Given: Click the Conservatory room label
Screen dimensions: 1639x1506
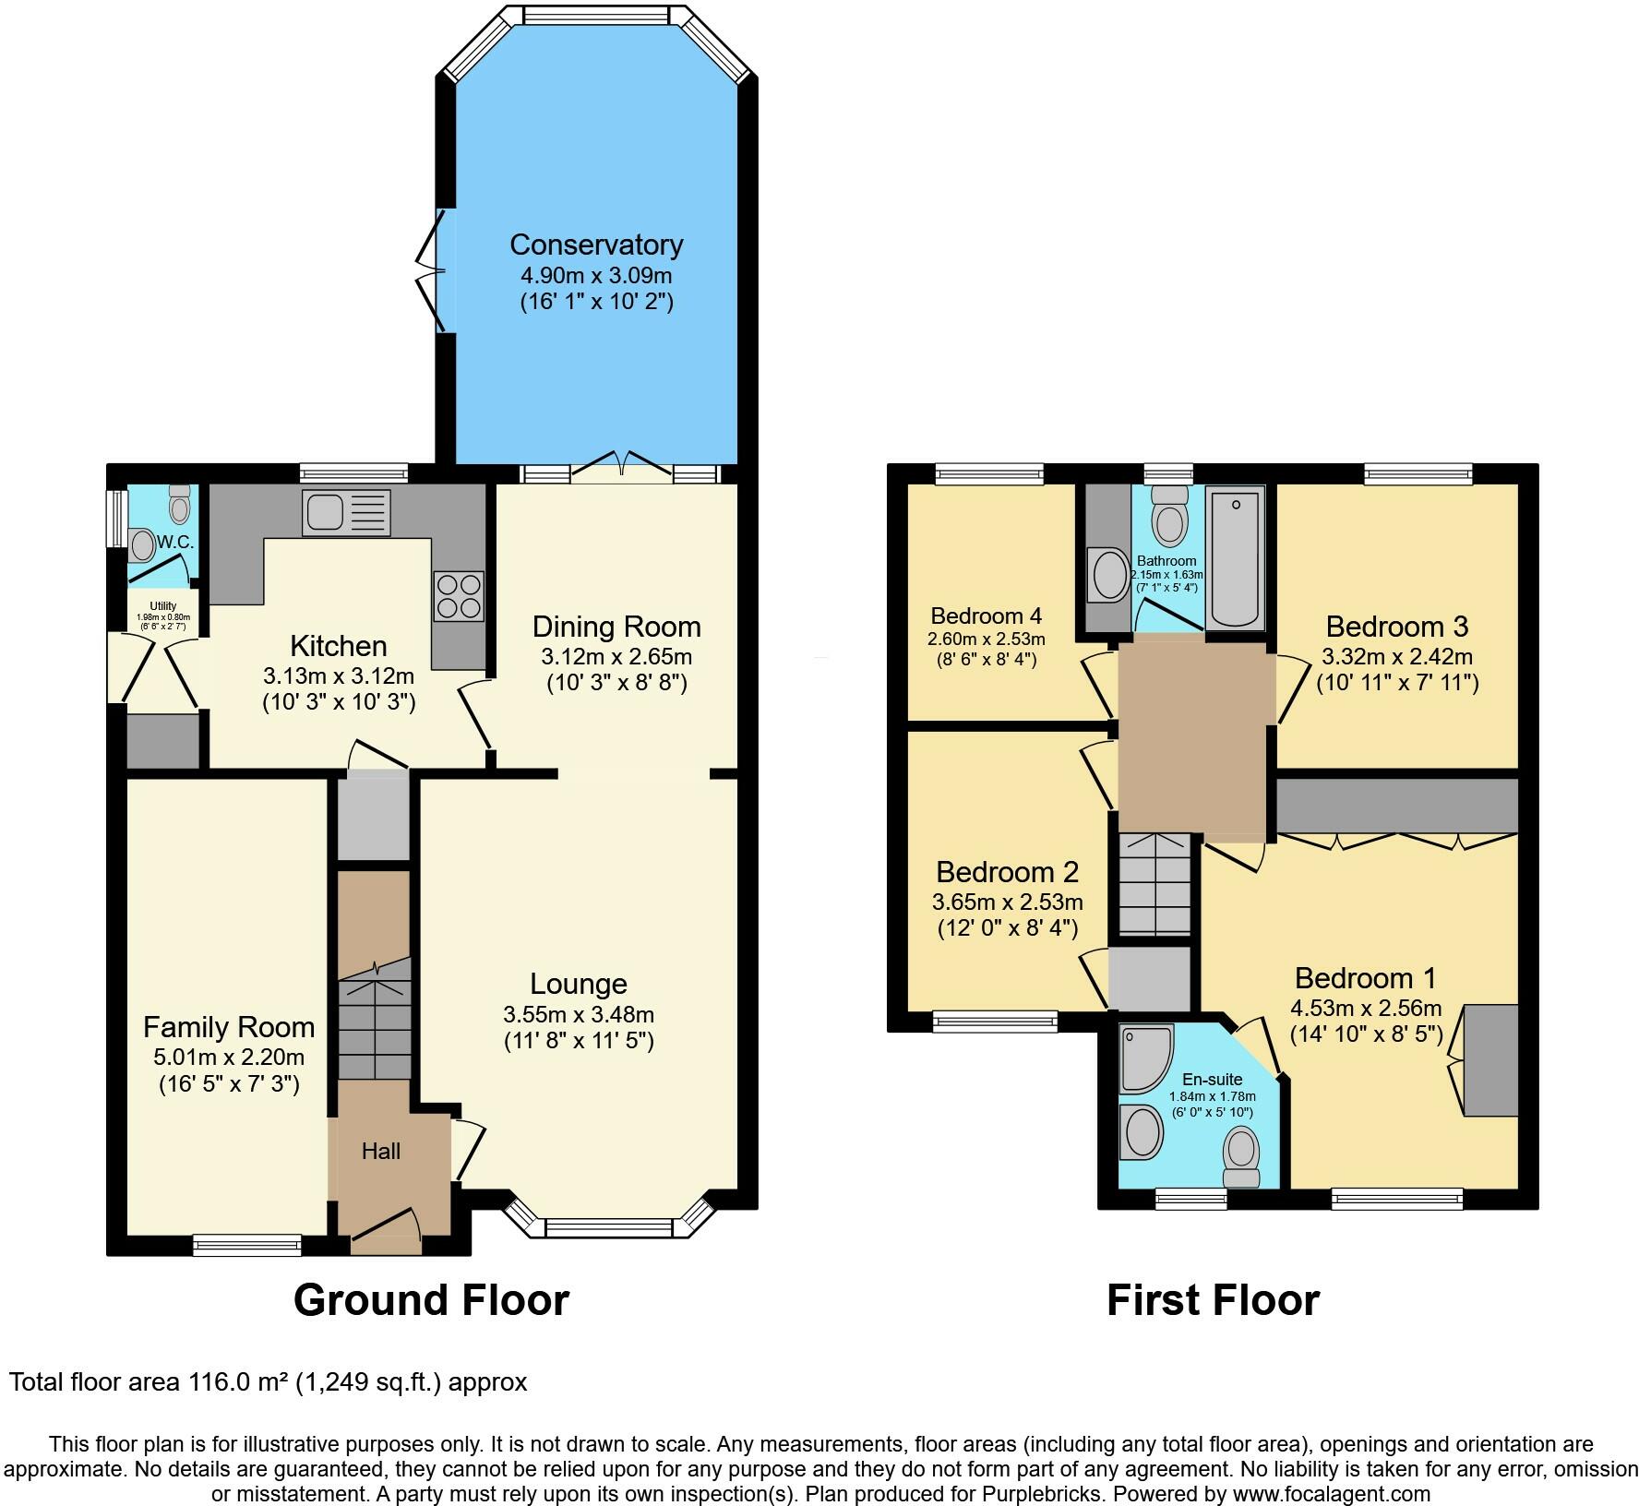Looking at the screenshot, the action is click(596, 245).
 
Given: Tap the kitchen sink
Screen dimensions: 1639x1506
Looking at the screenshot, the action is click(346, 512).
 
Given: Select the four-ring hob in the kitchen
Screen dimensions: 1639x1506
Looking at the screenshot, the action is click(458, 596).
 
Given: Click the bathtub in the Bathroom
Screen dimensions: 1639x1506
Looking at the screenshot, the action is click(1235, 559).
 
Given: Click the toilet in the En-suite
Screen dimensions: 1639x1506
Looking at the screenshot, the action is click(1241, 1158).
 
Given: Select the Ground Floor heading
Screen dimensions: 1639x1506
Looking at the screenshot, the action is click(431, 1299).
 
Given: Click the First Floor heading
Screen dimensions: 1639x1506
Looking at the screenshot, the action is click(1213, 1299).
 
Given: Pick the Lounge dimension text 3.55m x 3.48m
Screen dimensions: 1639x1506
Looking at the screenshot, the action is click(579, 1015).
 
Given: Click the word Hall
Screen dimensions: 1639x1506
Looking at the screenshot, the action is click(381, 1151).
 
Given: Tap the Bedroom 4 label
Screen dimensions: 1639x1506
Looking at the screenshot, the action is click(986, 616).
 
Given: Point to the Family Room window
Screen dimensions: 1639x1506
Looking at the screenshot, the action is click(247, 1245).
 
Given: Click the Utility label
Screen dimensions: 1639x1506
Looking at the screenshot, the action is click(163, 606).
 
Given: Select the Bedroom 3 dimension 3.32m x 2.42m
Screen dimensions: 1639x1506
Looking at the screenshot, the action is click(1397, 657).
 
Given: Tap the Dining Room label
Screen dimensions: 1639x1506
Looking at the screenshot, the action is click(616, 627).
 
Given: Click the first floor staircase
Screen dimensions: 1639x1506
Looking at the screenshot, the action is click(1154, 885).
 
